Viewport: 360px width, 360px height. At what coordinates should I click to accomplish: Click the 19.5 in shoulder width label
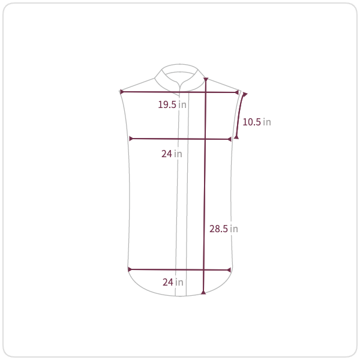click(x=172, y=104)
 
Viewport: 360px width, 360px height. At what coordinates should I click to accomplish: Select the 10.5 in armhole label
click(x=257, y=122)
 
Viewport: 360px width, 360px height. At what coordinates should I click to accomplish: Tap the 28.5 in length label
click(x=223, y=229)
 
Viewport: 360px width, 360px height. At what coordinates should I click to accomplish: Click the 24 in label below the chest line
click(x=172, y=154)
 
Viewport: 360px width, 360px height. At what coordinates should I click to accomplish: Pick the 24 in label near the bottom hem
click(x=173, y=282)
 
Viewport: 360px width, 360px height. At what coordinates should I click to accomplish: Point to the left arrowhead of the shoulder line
click(x=122, y=92)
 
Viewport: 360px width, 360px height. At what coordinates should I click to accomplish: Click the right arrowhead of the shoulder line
click(x=237, y=92)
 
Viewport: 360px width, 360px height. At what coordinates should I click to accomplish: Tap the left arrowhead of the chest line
click(x=131, y=139)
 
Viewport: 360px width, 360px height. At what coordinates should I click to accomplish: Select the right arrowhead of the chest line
click(x=229, y=139)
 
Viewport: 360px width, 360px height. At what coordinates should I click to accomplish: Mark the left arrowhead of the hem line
click(x=130, y=269)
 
